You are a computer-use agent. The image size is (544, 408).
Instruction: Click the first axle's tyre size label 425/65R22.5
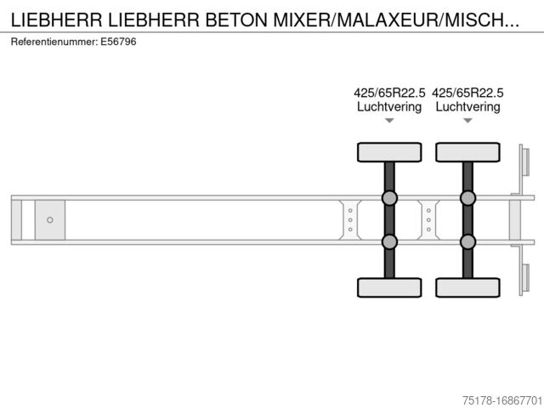pos(389,93)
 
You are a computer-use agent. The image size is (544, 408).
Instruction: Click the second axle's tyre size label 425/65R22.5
pos(467,93)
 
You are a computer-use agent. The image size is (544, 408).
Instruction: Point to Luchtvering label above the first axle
pos(389,107)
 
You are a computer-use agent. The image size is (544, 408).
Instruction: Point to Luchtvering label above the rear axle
pos(467,107)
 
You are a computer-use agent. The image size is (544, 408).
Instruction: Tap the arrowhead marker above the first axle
pos(389,121)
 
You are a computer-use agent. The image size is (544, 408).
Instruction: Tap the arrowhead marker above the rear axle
pos(467,121)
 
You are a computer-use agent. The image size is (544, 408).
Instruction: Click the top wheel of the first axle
pos(389,152)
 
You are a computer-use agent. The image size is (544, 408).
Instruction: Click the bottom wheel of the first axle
pos(389,287)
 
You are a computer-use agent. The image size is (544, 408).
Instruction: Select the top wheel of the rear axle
pos(467,152)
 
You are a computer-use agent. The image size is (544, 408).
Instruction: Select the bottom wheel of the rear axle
pos(467,287)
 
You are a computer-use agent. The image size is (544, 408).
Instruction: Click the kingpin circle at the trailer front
pos(50,220)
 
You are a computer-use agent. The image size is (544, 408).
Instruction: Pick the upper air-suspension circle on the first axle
pos(389,199)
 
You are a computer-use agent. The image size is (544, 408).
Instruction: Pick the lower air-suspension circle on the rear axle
pos(467,241)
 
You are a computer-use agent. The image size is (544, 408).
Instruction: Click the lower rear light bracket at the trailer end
pos(524,279)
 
